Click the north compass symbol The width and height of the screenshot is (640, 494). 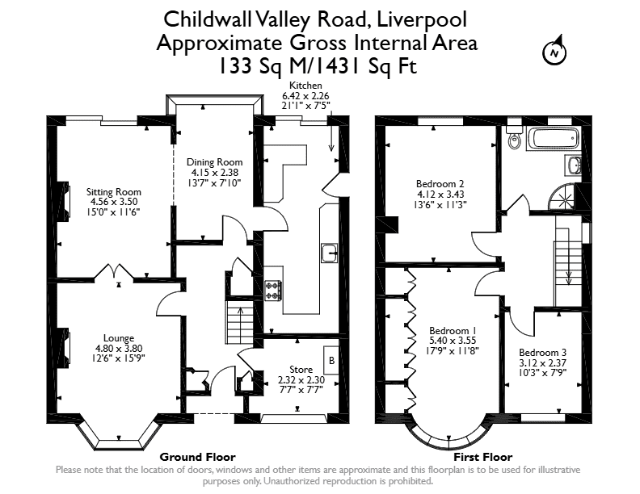[554, 52]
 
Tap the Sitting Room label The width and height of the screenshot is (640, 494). [113, 191]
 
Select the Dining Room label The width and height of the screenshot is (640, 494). [214, 161]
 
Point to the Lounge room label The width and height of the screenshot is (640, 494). [119, 338]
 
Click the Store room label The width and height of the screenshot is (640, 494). [301, 369]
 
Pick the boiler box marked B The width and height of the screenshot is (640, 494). [331, 360]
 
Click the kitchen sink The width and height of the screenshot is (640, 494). [329, 253]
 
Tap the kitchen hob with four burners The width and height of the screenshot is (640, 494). [272, 291]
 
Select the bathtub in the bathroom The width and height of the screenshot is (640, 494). [553, 138]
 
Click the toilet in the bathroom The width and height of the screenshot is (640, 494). [514, 136]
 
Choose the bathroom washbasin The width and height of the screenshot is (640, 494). [573, 165]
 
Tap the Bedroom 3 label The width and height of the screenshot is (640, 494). [543, 352]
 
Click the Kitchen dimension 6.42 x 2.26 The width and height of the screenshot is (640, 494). [305, 96]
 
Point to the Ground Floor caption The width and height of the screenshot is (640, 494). [197, 457]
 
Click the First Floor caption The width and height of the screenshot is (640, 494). [483, 457]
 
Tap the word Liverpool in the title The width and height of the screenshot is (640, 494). [422, 19]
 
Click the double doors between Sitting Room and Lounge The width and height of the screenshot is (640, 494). [114, 271]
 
